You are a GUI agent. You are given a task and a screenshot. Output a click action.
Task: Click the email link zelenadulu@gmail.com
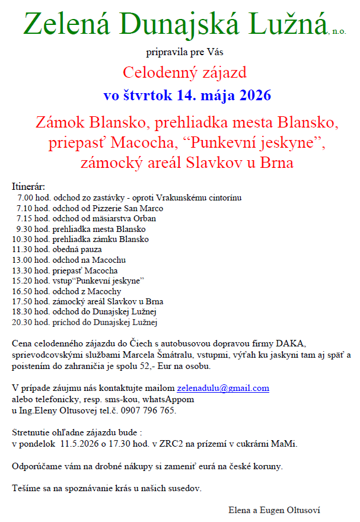click(223, 389)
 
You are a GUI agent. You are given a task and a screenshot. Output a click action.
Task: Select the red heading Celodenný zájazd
click(184, 73)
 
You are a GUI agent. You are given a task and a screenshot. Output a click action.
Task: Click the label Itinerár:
click(28, 187)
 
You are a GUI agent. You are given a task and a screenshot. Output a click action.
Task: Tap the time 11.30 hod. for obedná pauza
click(30, 249)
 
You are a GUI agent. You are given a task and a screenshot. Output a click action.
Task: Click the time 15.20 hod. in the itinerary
click(30, 281)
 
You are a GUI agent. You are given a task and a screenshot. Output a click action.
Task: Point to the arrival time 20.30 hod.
click(30, 323)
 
